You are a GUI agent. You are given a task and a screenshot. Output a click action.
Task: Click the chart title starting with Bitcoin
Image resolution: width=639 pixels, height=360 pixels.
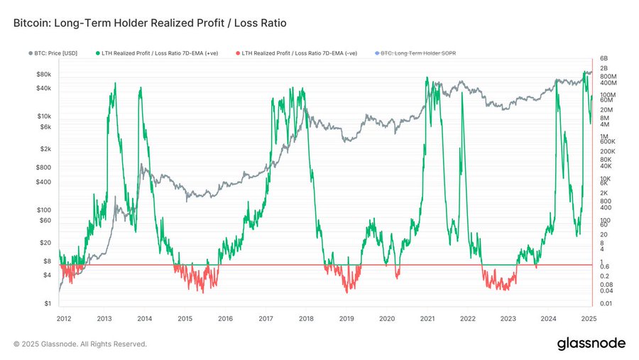(x=149, y=23)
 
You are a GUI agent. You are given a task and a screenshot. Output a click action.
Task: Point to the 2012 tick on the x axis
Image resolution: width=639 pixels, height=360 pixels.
(x=64, y=319)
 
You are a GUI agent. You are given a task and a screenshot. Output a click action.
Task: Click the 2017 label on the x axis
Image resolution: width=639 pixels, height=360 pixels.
(x=266, y=319)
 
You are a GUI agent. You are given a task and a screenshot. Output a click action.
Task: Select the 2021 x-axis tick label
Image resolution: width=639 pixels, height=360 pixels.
(x=427, y=319)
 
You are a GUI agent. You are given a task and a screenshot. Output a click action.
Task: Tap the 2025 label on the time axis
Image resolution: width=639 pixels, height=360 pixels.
(x=588, y=319)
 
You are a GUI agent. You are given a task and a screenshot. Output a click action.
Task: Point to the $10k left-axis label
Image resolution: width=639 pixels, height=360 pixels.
(x=43, y=116)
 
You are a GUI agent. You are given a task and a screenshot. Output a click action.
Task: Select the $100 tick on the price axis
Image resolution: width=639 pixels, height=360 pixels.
(x=43, y=209)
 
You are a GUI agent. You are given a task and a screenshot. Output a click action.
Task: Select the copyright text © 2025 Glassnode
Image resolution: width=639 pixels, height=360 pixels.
(x=80, y=344)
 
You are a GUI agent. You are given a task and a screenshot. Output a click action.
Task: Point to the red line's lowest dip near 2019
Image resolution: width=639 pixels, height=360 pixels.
(x=347, y=292)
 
